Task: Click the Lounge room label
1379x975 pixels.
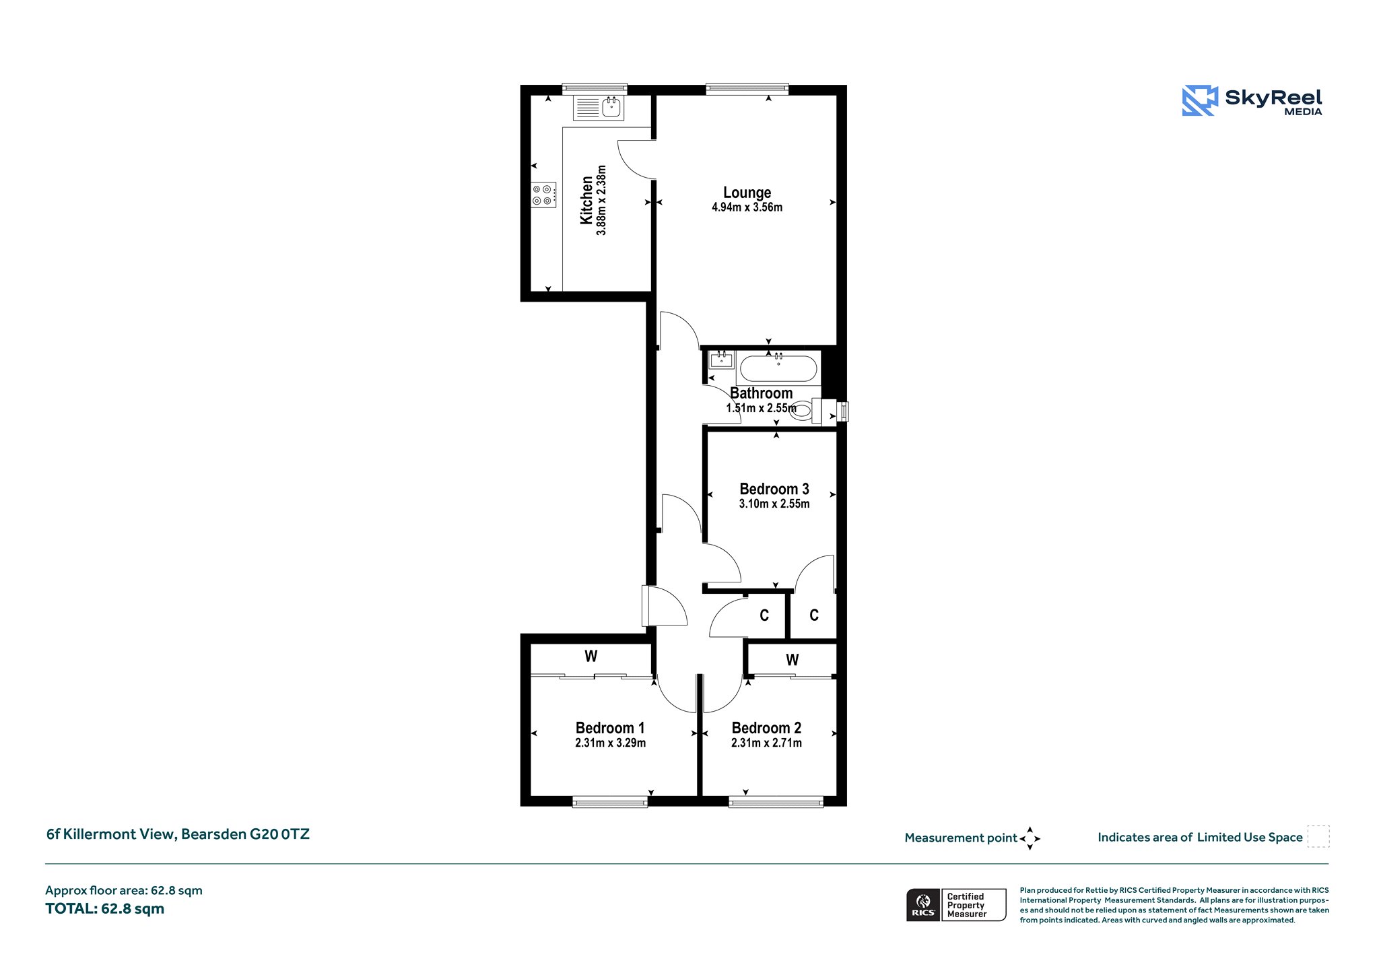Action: [x=747, y=193]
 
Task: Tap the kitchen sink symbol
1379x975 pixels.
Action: [x=599, y=108]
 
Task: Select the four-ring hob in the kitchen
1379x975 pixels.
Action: [x=543, y=195]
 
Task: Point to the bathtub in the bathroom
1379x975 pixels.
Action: [x=778, y=368]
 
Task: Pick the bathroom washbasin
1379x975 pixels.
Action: [x=722, y=359]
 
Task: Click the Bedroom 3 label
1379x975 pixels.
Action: [x=774, y=489]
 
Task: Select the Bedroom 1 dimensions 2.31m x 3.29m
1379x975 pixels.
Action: [x=610, y=743]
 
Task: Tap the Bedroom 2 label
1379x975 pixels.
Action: [x=766, y=728]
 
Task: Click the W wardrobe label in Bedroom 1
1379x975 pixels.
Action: [x=591, y=656]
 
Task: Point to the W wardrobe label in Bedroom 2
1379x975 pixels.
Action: [x=793, y=660]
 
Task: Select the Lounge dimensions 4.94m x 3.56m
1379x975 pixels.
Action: [x=747, y=207]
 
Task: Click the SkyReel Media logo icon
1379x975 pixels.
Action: [x=1200, y=100]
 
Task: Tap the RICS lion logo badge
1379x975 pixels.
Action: [x=924, y=904]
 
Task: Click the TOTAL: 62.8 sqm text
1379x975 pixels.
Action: [x=105, y=908]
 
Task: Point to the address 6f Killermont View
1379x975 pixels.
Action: [x=110, y=834]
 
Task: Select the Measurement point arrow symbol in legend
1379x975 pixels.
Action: [x=1030, y=838]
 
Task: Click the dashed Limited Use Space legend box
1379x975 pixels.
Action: [x=1318, y=837]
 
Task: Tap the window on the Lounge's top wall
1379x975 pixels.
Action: [x=747, y=87]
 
